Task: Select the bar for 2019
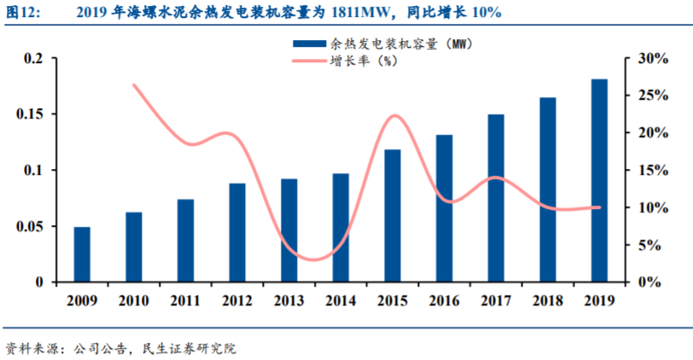(x=599, y=180)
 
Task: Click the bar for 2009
(x=82, y=254)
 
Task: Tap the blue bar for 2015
(x=393, y=216)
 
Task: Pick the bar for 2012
(x=237, y=232)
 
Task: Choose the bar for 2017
(x=496, y=198)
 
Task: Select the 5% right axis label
(x=645, y=245)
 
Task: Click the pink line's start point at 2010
(x=134, y=85)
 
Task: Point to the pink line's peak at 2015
(x=393, y=116)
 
